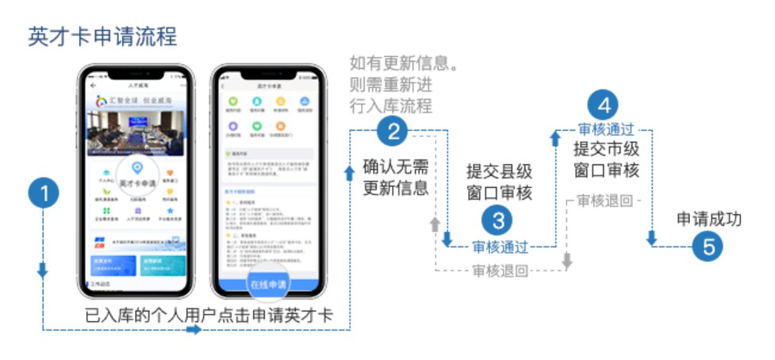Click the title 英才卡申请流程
pyautogui.click(x=102, y=36)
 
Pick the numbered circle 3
pyautogui.click(x=499, y=220)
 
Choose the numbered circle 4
pyautogui.click(x=604, y=105)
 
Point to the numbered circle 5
pyautogui.click(x=708, y=247)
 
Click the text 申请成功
pyautogui.click(x=708, y=219)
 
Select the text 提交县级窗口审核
pyautogui.click(x=498, y=182)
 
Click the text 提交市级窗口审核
pyautogui.click(x=606, y=159)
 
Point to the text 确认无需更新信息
pyautogui.click(x=396, y=178)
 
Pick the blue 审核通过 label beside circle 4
pyautogui.click(x=606, y=129)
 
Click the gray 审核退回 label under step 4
pyautogui.click(x=605, y=201)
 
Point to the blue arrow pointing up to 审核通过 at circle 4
pyautogui.click(x=554, y=140)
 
